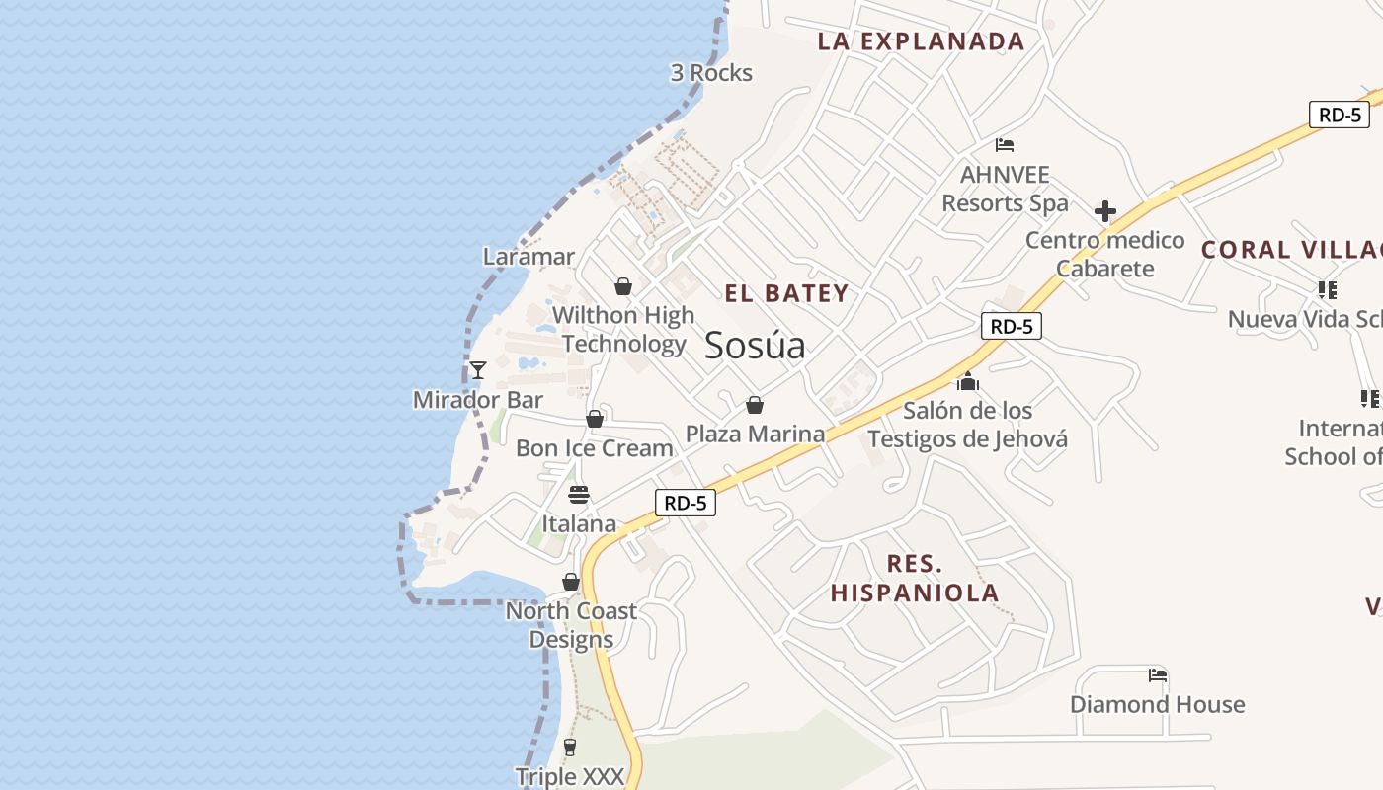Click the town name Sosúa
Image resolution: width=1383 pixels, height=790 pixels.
click(755, 346)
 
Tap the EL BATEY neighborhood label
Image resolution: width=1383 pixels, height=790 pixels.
click(786, 293)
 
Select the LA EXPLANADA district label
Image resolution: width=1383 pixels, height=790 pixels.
click(921, 41)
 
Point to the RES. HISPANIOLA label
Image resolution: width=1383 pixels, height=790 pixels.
click(915, 579)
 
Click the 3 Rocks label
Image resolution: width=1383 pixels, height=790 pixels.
click(711, 73)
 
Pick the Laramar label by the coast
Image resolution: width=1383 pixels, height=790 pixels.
click(529, 257)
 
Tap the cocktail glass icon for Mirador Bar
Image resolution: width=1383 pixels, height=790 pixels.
click(478, 370)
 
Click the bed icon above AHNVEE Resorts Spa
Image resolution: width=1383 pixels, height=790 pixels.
click(1005, 145)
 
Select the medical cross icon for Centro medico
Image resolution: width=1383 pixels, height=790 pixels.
click(1104, 211)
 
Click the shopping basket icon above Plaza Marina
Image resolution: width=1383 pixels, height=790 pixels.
click(755, 405)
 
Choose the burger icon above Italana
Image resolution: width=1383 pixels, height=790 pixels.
click(579, 495)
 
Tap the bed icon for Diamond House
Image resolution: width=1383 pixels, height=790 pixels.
click(1158, 675)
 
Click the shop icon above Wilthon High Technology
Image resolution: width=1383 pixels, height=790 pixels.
click(623, 286)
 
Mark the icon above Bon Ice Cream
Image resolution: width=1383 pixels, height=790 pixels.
click(595, 419)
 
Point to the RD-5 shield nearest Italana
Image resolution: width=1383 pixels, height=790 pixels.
click(685, 503)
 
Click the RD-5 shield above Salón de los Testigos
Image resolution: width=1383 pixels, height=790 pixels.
click(1011, 326)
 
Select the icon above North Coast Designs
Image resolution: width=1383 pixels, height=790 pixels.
click(571, 582)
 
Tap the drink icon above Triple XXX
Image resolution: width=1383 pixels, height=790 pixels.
click(570, 748)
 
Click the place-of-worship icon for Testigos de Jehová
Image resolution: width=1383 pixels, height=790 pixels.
click(967, 381)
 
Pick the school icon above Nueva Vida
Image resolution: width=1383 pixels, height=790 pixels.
click(1327, 290)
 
